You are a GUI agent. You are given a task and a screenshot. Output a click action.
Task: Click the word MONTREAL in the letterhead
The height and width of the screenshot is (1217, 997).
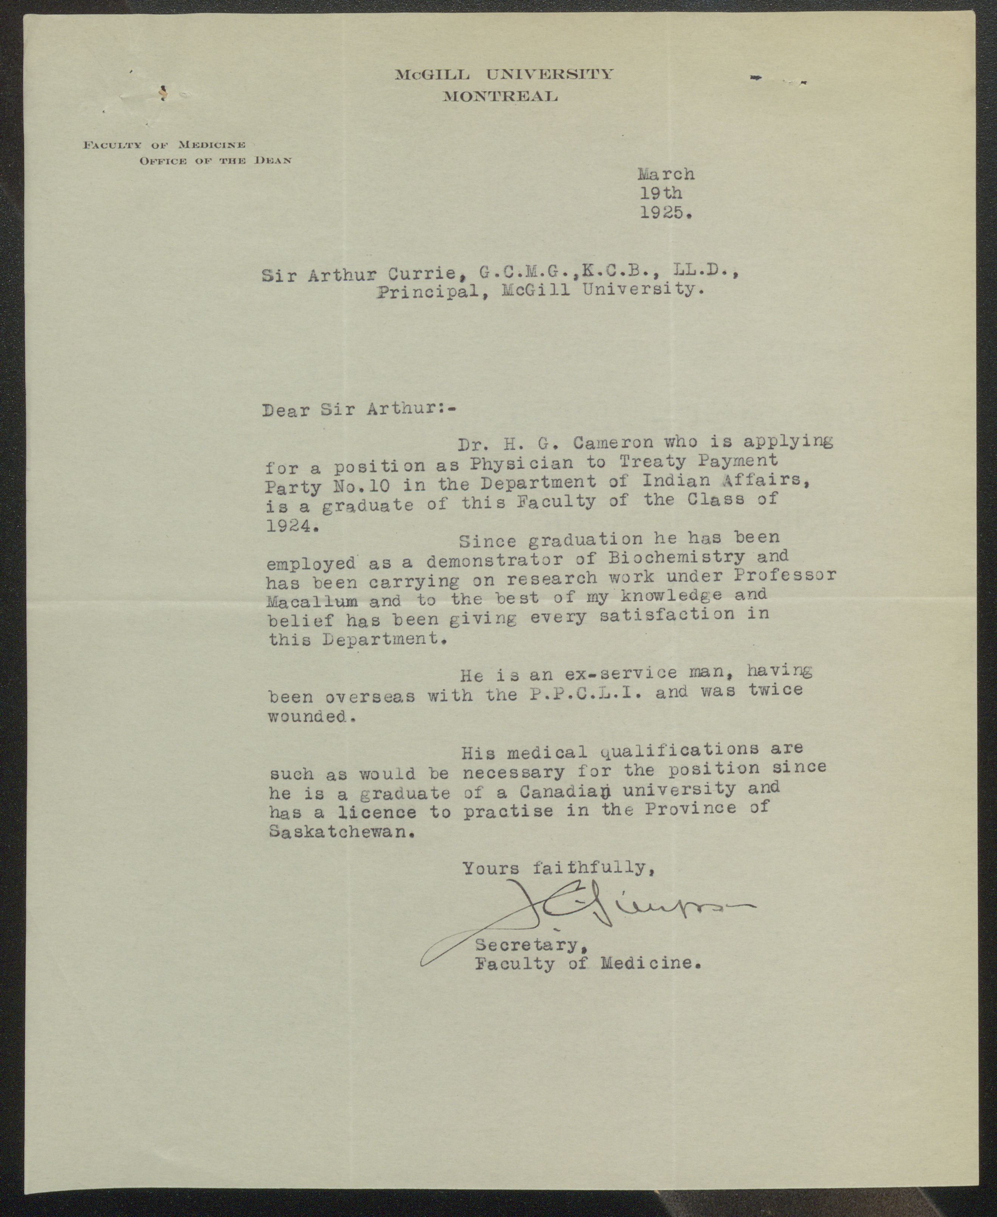tap(500, 97)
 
